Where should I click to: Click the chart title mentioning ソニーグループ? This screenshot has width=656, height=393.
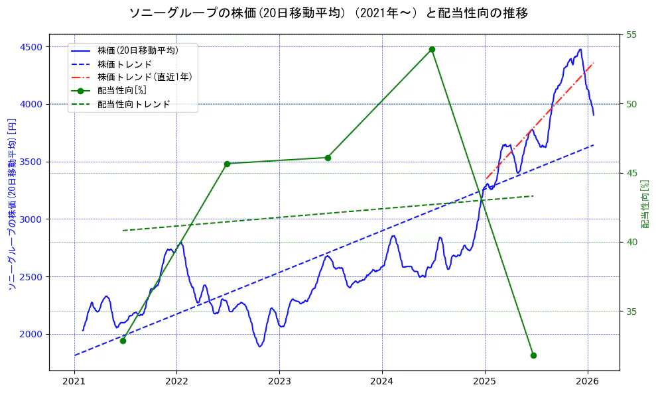pyautogui.click(x=328, y=13)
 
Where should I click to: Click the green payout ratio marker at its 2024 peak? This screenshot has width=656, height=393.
pyautogui.click(x=432, y=49)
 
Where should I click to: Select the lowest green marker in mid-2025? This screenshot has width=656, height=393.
pyautogui.click(x=533, y=355)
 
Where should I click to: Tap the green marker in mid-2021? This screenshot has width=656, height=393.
pyautogui.click(x=123, y=341)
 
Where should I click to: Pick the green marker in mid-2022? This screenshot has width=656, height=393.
pyautogui.click(x=227, y=164)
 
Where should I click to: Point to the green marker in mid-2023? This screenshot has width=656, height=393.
pyautogui.click(x=328, y=158)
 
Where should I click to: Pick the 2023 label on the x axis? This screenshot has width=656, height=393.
pyautogui.click(x=279, y=382)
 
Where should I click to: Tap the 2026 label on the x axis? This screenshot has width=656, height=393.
pyautogui.click(x=587, y=382)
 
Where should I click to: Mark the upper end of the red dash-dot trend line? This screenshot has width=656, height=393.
pyautogui.click(x=593, y=64)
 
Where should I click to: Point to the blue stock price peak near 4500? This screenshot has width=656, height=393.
pyautogui.click(x=580, y=50)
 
